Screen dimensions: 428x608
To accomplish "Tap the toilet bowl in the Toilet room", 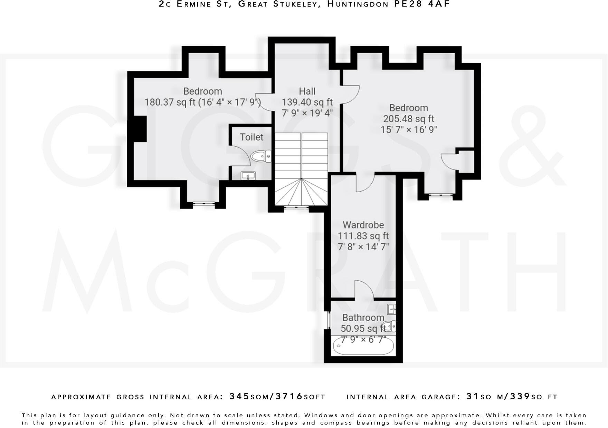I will (260, 157).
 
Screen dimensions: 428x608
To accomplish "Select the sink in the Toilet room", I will (248, 176).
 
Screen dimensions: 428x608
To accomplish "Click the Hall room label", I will (307, 91).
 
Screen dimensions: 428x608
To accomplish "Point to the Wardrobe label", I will (363, 225).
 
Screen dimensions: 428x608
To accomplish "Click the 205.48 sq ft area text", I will (408, 119).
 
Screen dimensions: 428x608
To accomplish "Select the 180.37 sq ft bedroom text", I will (202, 102).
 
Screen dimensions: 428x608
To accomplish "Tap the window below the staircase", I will (296, 207).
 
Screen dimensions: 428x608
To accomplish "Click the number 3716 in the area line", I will (289, 396).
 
